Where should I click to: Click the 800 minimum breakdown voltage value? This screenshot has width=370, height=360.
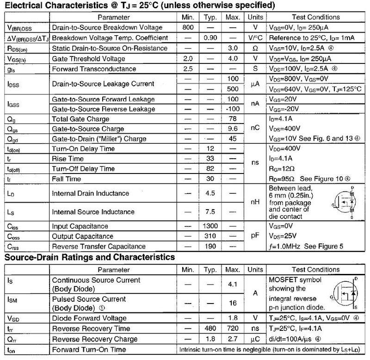(x=188, y=27)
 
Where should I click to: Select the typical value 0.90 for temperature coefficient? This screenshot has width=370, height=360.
(x=210, y=37)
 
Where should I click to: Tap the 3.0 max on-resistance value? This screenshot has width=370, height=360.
(x=233, y=48)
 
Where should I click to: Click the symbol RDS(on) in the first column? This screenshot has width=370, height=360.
(x=16, y=48)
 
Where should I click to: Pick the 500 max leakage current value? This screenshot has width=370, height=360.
(x=233, y=89)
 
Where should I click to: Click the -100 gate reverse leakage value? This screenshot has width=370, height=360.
(x=233, y=109)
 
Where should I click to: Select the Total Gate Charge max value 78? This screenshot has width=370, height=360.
(x=233, y=119)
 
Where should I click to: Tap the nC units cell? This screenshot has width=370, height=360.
(x=254, y=129)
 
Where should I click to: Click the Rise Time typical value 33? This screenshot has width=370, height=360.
(x=210, y=159)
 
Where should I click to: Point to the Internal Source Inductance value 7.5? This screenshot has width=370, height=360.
(x=210, y=212)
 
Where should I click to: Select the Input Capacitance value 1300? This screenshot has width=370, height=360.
(x=210, y=226)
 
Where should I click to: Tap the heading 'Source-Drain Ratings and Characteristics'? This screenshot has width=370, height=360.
(x=90, y=257)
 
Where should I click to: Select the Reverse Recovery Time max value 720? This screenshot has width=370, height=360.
(x=233, y=328)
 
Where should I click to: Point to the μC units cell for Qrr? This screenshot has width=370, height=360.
(x=254, y=338)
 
